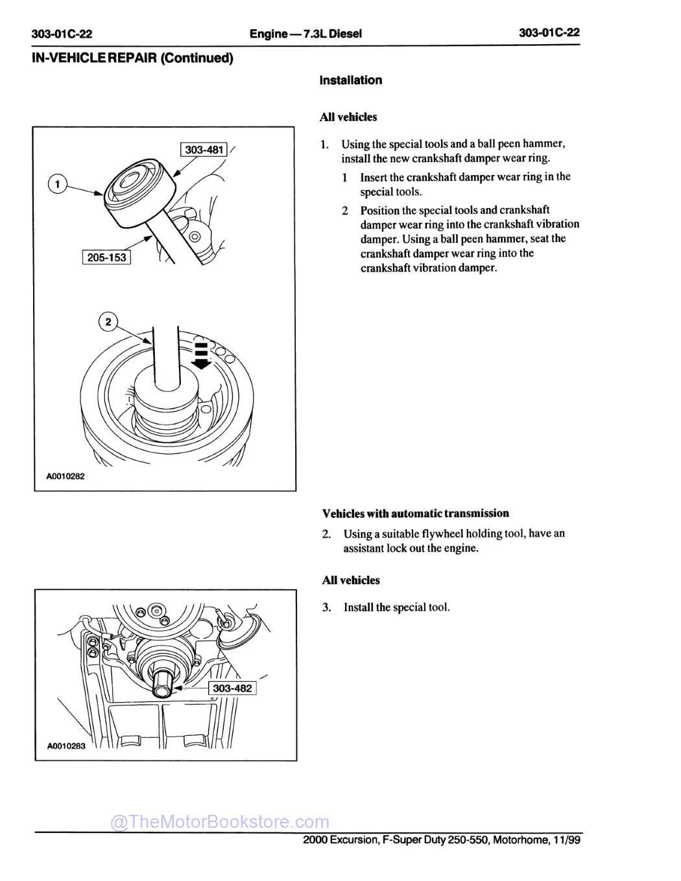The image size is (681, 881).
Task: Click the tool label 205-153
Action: (x=106, y=257)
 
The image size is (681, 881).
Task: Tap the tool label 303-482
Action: (x=232, y=688)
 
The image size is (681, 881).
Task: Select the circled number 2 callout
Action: (x=108, y=322)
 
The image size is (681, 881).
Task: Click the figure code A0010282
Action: (x=66, y=476)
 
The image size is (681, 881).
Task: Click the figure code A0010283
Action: (x=66, y=746)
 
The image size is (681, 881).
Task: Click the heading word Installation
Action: (x=350, y=80)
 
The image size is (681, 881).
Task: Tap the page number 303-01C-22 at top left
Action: (x=62, y=34)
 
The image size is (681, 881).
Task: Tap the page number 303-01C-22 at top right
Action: (x=549, y=33)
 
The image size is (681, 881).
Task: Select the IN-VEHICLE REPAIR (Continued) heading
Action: (x=132, y=58)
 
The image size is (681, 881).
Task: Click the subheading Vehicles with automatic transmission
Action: (x=415, y=513)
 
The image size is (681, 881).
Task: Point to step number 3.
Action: (x=327, y=607)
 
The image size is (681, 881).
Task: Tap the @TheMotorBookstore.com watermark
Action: (x=220, y=822)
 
